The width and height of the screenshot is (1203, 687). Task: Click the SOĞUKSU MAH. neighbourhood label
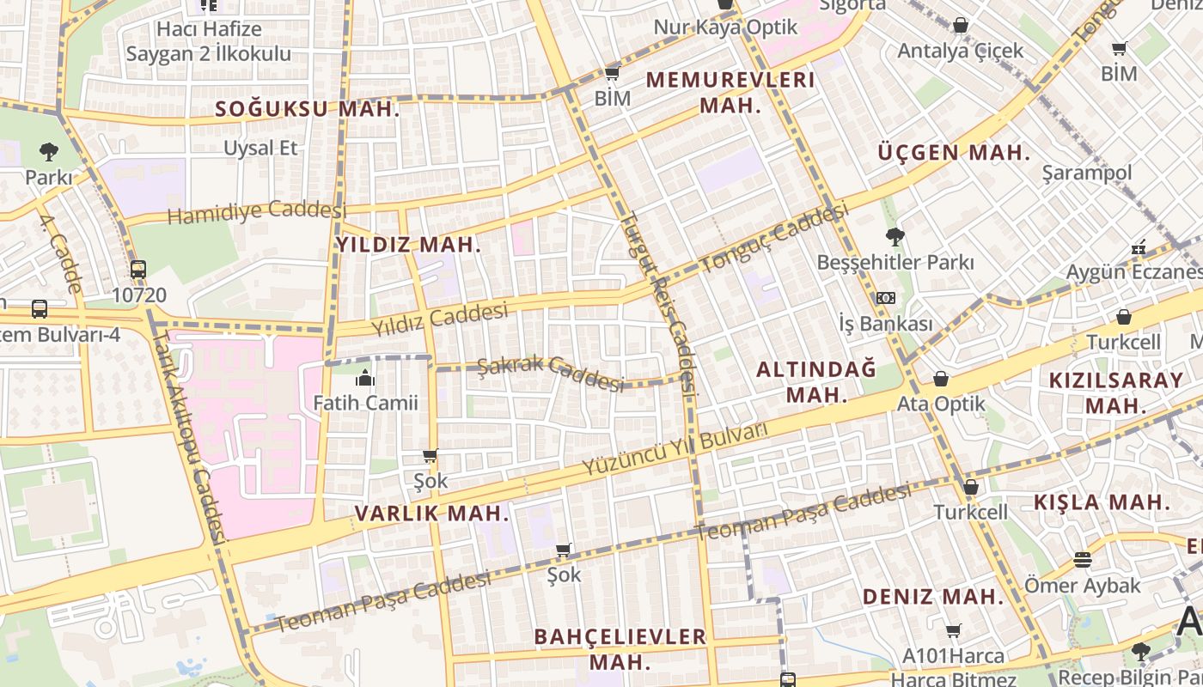[308, 109]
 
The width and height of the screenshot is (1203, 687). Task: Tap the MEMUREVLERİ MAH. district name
[730, 93]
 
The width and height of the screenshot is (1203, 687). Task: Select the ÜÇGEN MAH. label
[954, 153]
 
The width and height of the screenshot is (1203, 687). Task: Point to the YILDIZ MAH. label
[408, 245]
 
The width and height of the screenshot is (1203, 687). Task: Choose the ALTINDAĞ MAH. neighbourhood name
[816, 382]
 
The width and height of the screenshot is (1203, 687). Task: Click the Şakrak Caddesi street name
[550, 373]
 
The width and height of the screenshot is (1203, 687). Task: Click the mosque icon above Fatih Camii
[365, 377]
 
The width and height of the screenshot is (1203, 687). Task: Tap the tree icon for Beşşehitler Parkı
[895, 236]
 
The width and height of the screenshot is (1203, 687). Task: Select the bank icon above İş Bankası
[886, 298]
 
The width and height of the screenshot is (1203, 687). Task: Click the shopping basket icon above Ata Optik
[941, 379]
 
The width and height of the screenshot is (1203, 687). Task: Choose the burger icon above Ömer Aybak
[1083, 560]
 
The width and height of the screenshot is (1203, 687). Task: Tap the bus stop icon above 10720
[138, 269]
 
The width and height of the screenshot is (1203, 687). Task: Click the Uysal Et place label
[260, 148]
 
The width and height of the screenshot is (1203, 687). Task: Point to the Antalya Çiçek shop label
[961, 51]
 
